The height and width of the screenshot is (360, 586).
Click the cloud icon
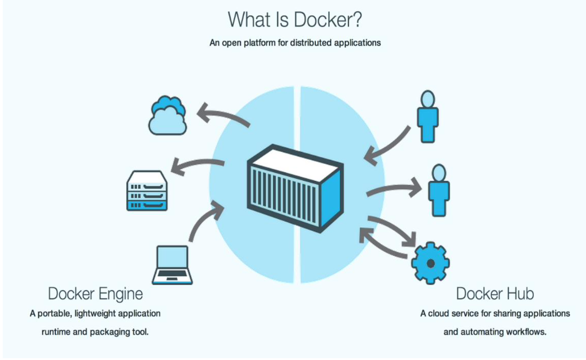click(x=167, y=116)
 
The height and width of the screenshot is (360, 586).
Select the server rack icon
click(x=147, y=191)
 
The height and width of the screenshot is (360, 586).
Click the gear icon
click(x=430, y=263)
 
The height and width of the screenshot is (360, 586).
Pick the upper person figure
click(x=428, y=116)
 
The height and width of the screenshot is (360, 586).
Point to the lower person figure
click(x=439, y=191)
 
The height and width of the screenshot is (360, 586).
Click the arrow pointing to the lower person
click(x=395, y=188)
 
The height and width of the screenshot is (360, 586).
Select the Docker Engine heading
click(x=95, y=294)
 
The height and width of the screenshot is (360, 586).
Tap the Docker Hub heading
click(x=495, y=294)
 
